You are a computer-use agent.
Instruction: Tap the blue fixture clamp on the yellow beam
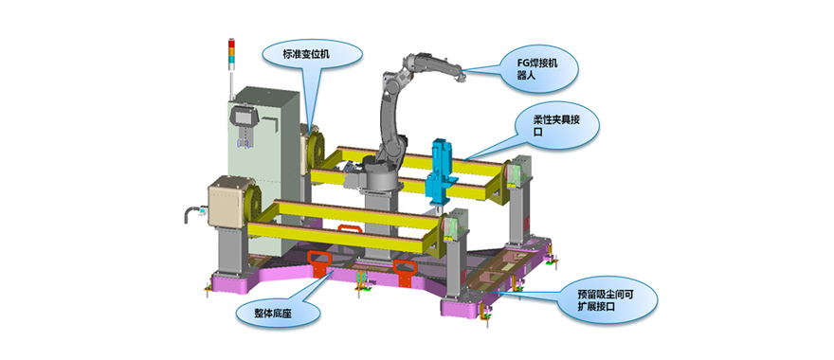[441, 171]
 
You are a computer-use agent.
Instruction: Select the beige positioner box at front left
[228, 201]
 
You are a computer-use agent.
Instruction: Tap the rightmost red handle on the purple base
[405, 271]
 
